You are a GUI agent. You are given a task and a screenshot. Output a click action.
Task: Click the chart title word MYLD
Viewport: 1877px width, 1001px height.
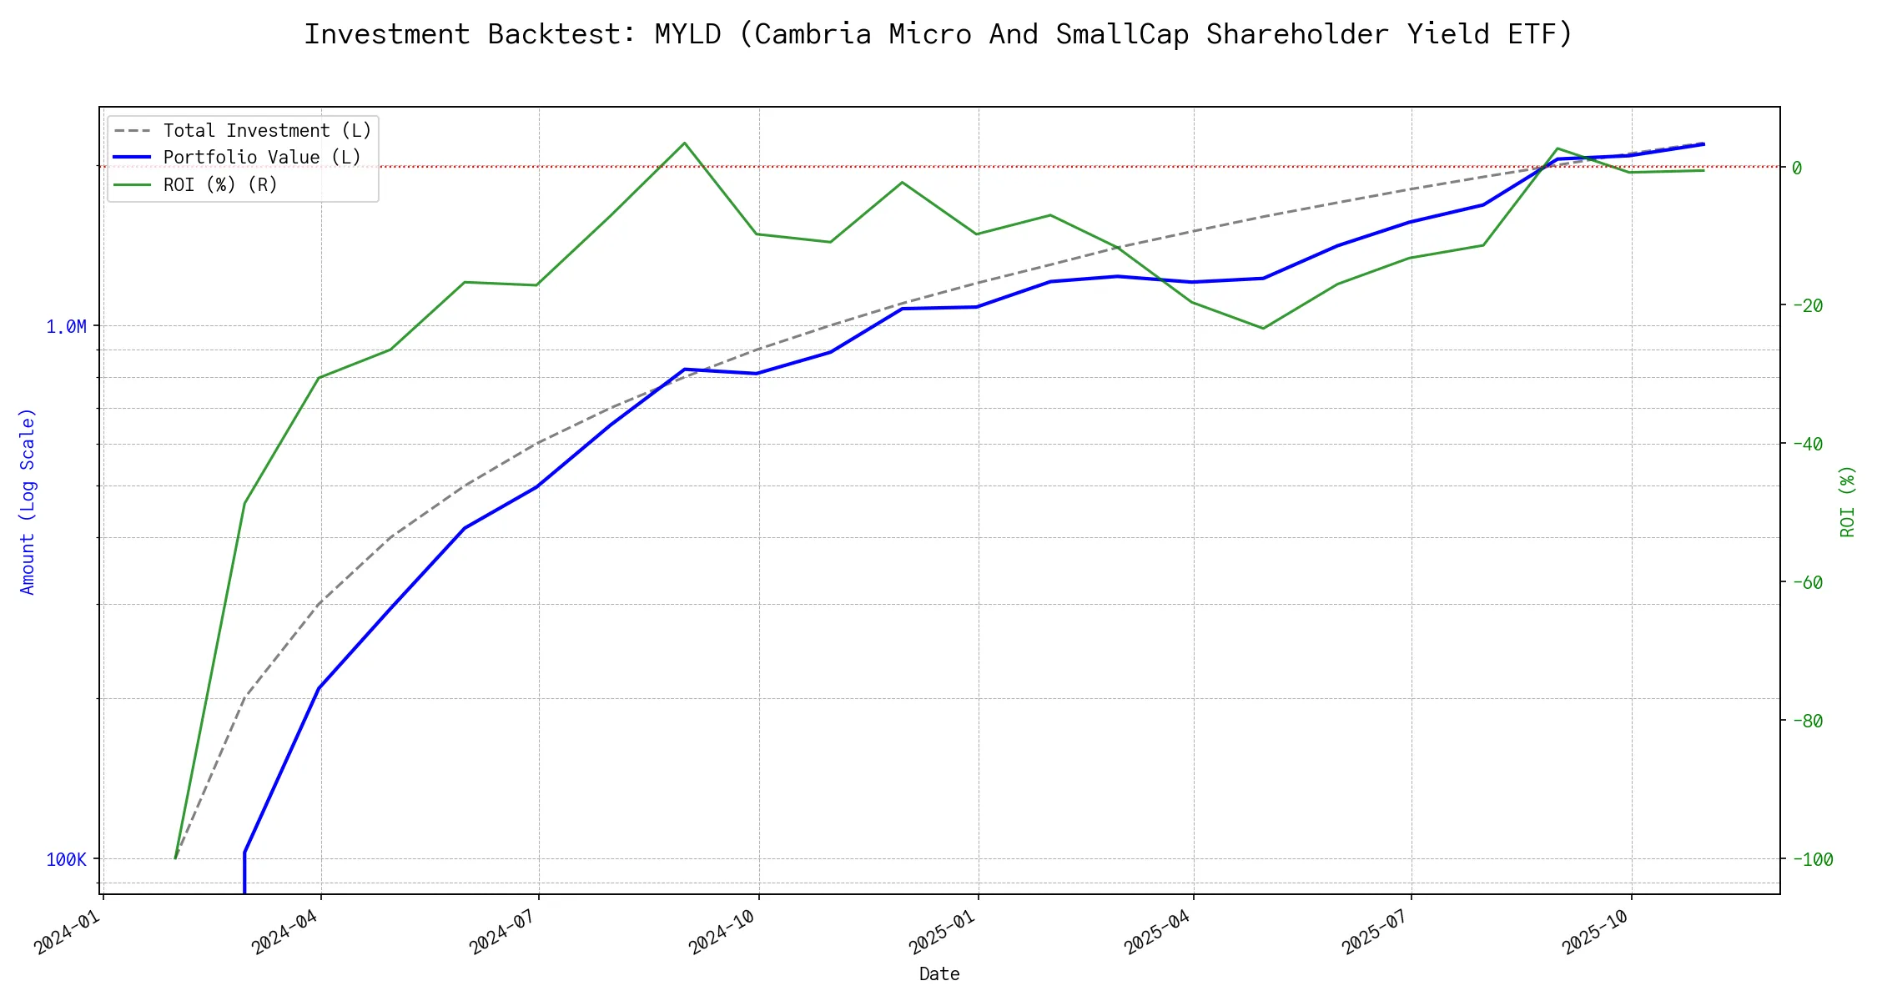(687, 34)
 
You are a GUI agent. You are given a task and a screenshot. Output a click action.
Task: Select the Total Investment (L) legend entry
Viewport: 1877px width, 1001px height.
(267, 131)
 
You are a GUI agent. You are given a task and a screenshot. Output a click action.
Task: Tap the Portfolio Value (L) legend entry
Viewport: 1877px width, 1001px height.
(262, 158)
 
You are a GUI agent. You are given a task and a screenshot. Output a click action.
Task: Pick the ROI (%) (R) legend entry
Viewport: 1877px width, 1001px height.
(220, 184)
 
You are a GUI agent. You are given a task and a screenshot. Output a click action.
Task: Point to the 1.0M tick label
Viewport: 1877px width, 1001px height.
(66, 326)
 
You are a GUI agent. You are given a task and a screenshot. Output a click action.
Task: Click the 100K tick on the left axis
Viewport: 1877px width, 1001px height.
(66, 859)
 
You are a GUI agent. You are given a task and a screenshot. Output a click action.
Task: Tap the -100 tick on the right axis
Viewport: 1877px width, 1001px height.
(1811, 859)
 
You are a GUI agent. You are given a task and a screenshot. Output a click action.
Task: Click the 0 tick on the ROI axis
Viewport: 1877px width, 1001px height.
(1797, 168)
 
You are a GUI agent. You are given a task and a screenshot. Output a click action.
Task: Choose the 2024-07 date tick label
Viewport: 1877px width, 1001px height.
(503, 931)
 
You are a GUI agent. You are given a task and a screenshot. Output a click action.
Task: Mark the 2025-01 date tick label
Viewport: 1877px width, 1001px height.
(943, 931)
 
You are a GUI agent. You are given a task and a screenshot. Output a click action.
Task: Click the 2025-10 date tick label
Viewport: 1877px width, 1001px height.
(1596, 931)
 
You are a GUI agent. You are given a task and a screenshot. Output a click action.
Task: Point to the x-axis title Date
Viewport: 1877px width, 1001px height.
(939, 973)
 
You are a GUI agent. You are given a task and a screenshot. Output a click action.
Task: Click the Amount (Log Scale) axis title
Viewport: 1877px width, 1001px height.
(28, 500)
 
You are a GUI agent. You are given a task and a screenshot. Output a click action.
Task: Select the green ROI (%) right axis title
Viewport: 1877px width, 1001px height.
(1848, 500)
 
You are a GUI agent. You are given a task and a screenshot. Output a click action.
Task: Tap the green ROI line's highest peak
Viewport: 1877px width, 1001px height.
(685, 143)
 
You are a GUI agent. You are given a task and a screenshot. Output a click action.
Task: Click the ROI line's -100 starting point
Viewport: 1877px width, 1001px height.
(175, 858)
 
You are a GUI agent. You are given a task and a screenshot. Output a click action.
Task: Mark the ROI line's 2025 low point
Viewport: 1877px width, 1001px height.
(1263, 328)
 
